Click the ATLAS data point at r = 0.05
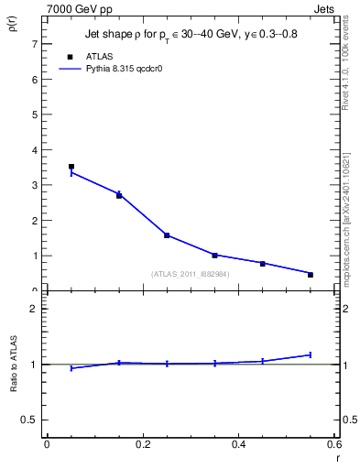click(71, 167)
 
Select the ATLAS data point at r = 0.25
click(167, 235)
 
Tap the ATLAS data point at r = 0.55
click(311, 275)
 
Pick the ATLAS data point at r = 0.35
click(214, 255)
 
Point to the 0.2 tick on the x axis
click(142, 444)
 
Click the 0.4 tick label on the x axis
click(238, 444)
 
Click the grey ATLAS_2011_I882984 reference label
click(190, 273)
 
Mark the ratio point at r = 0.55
click(311, 354)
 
